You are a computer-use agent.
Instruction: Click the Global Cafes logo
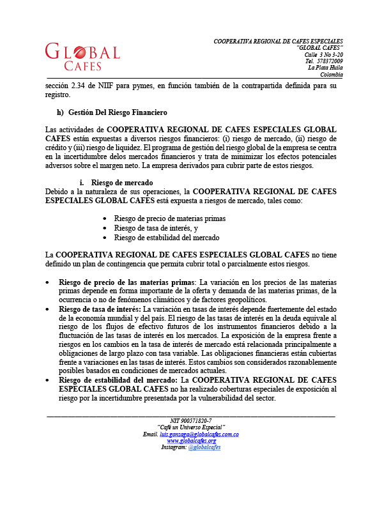point(82,56)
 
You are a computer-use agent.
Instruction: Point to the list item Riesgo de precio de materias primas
point(169,219)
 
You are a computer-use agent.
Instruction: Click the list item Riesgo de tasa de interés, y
point(156,228)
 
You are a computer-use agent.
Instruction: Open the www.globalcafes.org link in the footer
point(191,441)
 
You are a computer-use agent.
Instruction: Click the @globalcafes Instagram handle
point(204,447)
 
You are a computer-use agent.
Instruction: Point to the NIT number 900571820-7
point(191,420)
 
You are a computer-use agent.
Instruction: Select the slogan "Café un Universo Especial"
point(191,427)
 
